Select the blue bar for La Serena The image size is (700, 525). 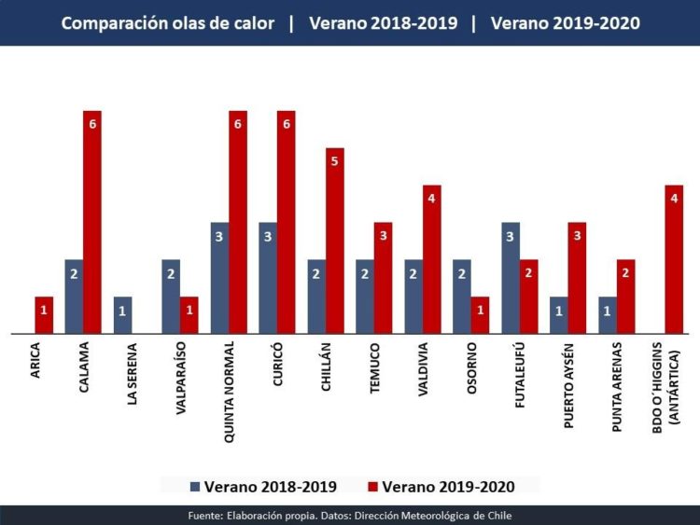click(122, 315)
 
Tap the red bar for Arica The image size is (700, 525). click(43, 315)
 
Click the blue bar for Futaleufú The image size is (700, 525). click(511, 278)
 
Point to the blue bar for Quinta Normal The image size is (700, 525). click(219, 278)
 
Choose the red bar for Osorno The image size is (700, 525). click(481, 315)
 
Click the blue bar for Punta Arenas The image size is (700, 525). click(608, 315)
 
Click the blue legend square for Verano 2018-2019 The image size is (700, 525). click(195, 486)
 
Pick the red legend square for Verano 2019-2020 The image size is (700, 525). click(372, 486)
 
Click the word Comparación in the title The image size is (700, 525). click(114, 22)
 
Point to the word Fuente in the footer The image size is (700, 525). click(203, 516)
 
